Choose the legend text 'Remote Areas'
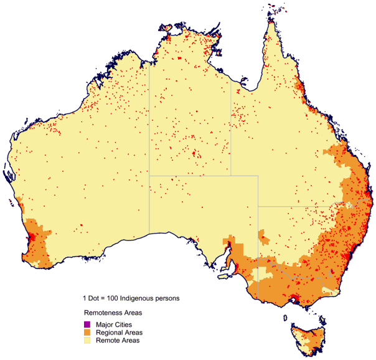[x=117, y=341]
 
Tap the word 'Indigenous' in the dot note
[x=140, y=298]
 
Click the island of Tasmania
[x=307, y=336]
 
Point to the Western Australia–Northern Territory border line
[x=149, y=125]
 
